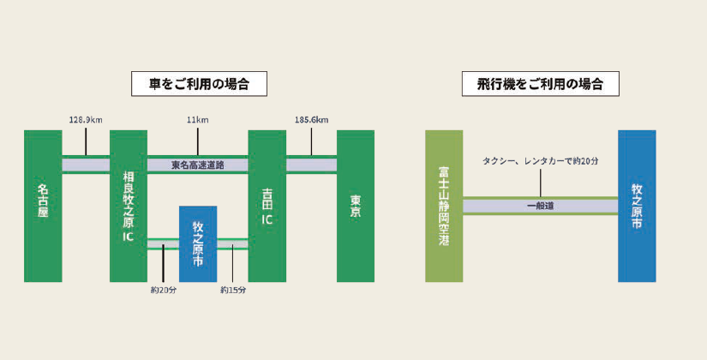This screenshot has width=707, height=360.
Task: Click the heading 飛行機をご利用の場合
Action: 540,84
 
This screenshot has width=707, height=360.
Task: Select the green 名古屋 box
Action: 43,206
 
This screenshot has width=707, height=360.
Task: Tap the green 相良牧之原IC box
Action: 129,206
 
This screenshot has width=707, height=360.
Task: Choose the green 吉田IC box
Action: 267,206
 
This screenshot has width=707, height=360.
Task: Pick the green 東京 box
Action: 356,206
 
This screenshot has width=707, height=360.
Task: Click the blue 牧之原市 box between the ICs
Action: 198,243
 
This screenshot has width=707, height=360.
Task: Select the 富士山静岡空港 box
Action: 444,206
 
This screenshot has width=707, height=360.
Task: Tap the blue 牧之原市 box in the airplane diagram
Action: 637,206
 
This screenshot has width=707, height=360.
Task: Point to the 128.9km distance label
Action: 86,120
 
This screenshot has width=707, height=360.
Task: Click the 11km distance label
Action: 198,120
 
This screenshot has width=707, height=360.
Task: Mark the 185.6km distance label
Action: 311,120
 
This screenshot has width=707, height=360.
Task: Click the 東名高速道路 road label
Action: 198,165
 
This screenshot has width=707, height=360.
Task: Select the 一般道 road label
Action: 540,206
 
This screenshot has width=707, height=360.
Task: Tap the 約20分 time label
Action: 162,290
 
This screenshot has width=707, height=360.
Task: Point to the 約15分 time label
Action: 233,290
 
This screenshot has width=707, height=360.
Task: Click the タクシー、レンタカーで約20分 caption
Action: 540,160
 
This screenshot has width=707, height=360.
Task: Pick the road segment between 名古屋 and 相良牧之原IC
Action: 86,165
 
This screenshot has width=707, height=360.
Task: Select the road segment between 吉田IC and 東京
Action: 311,165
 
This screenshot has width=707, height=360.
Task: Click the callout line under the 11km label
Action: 198,141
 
